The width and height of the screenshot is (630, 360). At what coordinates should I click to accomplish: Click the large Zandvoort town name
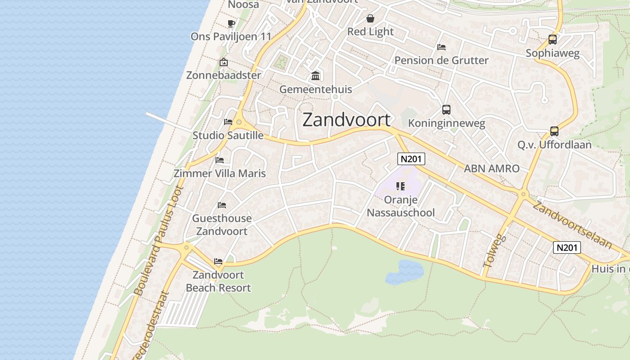click(x=346, y=120)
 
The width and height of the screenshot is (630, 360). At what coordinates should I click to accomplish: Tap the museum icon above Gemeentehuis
click(x=315, y=76)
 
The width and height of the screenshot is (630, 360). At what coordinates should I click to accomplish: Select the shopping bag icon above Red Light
click(x=370, y=18)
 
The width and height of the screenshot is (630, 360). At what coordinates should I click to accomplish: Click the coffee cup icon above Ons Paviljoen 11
click(x=231, y=23)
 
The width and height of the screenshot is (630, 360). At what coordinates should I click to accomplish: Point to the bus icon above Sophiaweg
click(x=553, y=40)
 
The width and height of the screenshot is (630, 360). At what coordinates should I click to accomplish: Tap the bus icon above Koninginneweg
click(x=446, y=110)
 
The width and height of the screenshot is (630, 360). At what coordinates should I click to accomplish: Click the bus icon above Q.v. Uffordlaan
click(x=554, y=131)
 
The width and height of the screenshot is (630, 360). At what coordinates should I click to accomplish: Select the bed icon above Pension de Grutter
click(x=441, y=47)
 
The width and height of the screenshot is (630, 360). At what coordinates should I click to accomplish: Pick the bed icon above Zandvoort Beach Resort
click(x=218, y=261)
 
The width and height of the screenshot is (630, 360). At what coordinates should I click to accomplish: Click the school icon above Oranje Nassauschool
click(x=400, y=186)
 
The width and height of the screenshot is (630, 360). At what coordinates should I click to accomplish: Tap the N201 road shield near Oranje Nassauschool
click(x=411, y=158)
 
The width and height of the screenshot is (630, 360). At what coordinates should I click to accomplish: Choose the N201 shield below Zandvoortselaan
click(x=567, y=247)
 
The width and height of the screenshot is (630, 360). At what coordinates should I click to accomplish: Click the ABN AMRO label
click(x=491, y=169)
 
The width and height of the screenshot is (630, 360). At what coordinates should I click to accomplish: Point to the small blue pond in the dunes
click(x=405, y=272)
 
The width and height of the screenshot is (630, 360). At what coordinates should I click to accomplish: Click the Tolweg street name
click(x=495, y=251)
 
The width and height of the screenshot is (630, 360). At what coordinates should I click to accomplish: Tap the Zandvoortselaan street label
click(x=572, y=225)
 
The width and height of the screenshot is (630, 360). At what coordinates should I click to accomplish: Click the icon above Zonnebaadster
click(x=223, y=62)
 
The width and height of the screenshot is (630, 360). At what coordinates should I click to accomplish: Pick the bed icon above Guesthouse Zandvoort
click(x=222, y=205)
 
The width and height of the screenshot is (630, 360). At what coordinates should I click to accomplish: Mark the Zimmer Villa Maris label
click(x=220, y=173)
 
